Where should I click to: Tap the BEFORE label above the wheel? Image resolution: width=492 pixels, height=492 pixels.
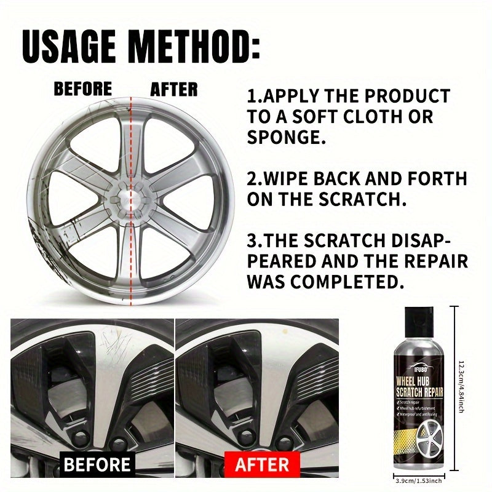click(83, 89)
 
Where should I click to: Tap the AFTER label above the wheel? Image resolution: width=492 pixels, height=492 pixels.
click(174, 89)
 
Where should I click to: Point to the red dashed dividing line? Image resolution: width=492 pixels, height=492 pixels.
click(131, 258)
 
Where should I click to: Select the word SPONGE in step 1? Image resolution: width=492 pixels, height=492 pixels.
click(286, 137)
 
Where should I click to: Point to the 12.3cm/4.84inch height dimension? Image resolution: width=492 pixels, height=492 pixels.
click(461, 387)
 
